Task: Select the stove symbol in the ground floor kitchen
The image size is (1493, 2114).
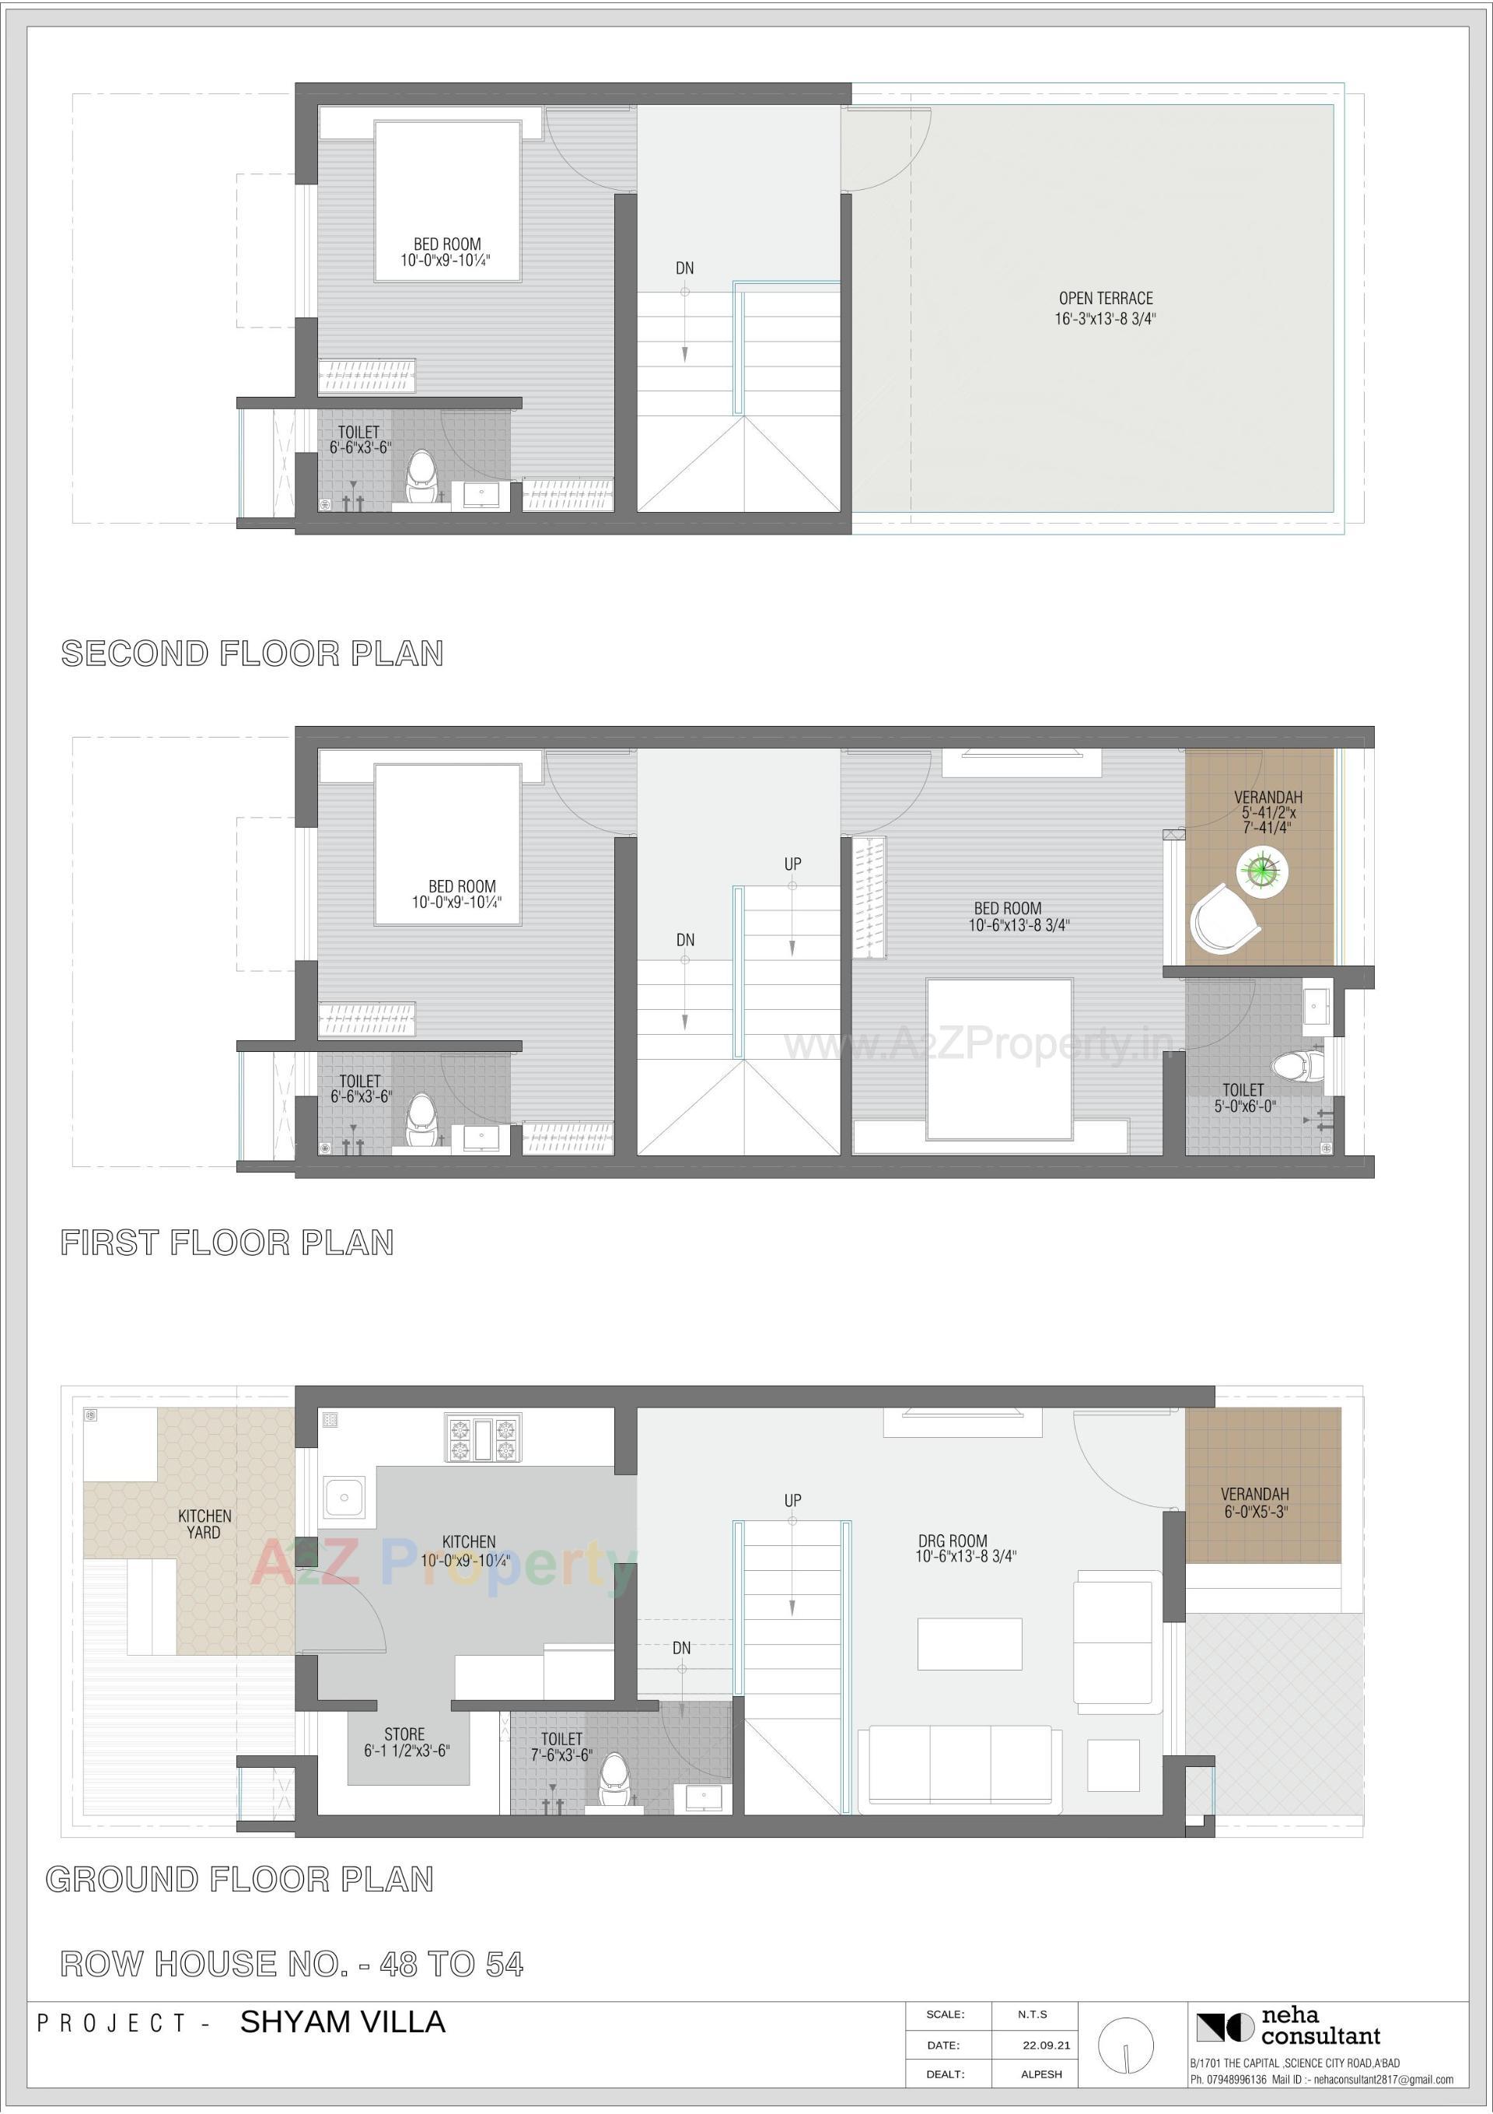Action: [x=483, y=1438]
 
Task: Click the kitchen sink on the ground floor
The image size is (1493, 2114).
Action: [x=344, y=1498]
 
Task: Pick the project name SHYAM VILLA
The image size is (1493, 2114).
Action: [x=342, y=2022]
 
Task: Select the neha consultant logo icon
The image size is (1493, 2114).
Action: [x=1224, y=2027]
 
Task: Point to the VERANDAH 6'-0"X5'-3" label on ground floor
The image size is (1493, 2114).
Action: [x=1253, y=1502]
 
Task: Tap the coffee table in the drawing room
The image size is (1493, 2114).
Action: [x=969, y=1643]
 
